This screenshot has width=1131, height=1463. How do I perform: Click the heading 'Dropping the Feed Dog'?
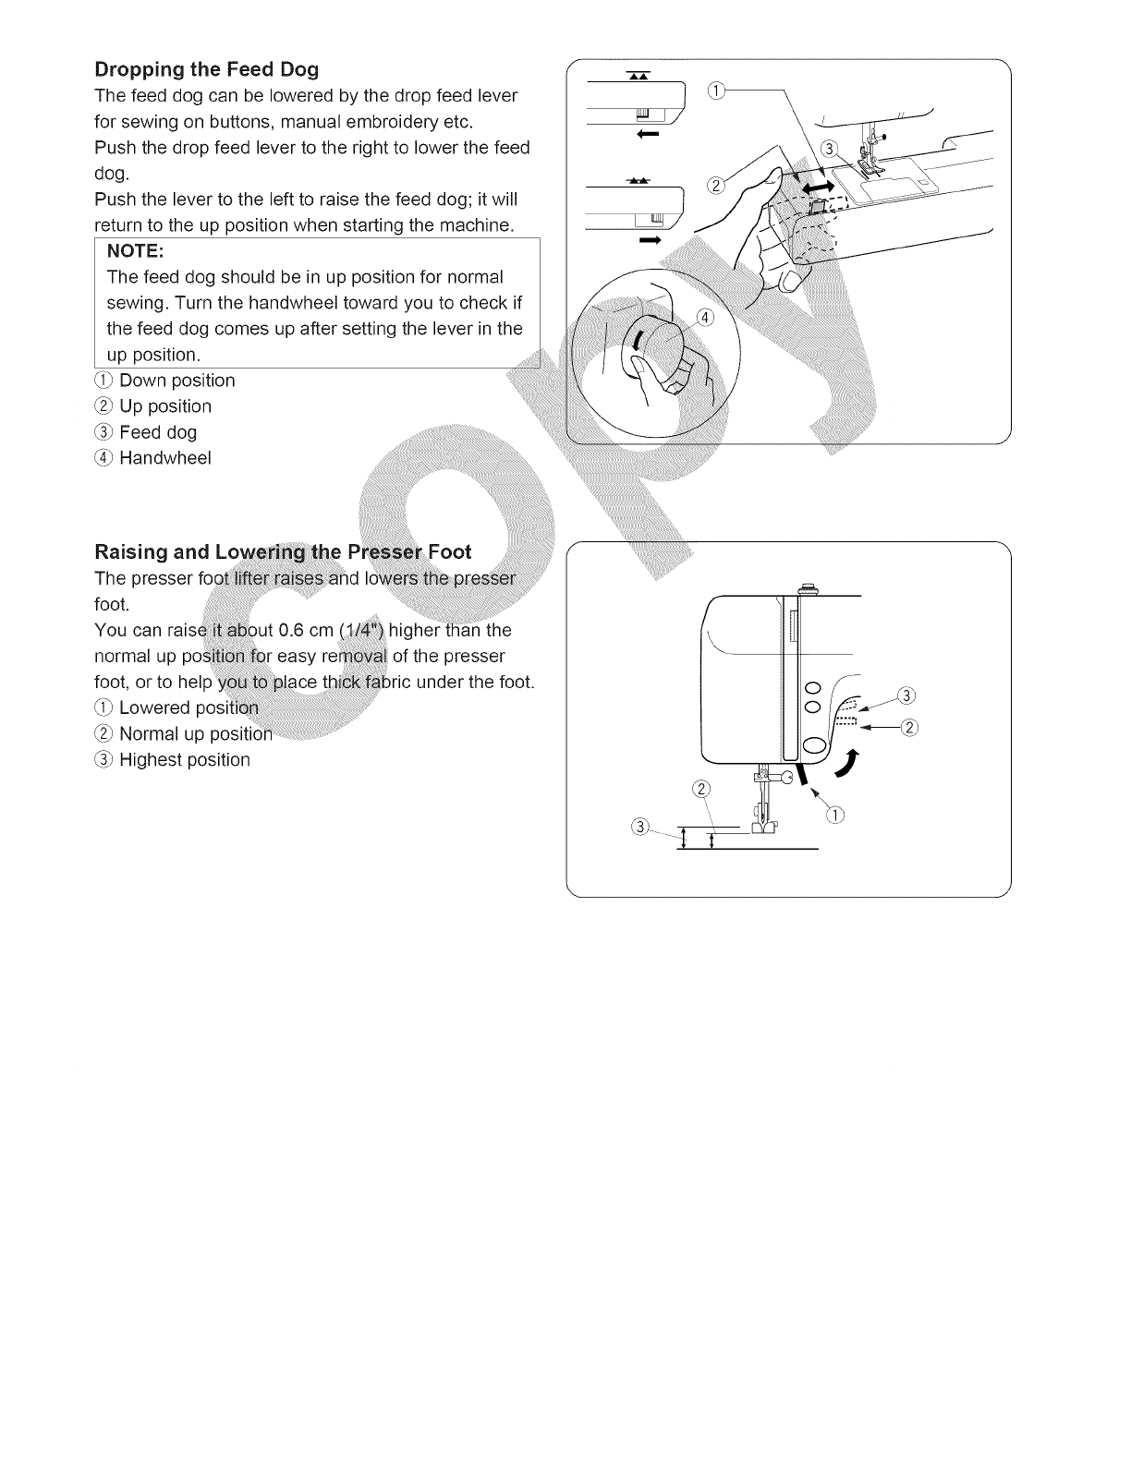pos(207,69)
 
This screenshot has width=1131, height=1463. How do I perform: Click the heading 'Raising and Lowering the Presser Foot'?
pos(283,552)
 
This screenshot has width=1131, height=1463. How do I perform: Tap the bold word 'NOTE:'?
pos(136,251)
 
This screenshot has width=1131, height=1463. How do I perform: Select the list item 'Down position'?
pos(176,381)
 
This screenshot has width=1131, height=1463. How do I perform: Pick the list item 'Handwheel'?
pos(165,458)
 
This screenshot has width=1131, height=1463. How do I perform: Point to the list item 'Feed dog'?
pos(158,432)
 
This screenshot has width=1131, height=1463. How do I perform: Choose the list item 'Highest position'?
pos(185,760)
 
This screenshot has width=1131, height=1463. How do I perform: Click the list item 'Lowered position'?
pos(189,708)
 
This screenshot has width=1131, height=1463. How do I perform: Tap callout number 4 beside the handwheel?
pos(705,318)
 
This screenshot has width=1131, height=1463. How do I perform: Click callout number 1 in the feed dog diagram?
pos(717,90)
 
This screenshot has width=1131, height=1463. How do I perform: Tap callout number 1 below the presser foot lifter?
pos(836,814)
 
